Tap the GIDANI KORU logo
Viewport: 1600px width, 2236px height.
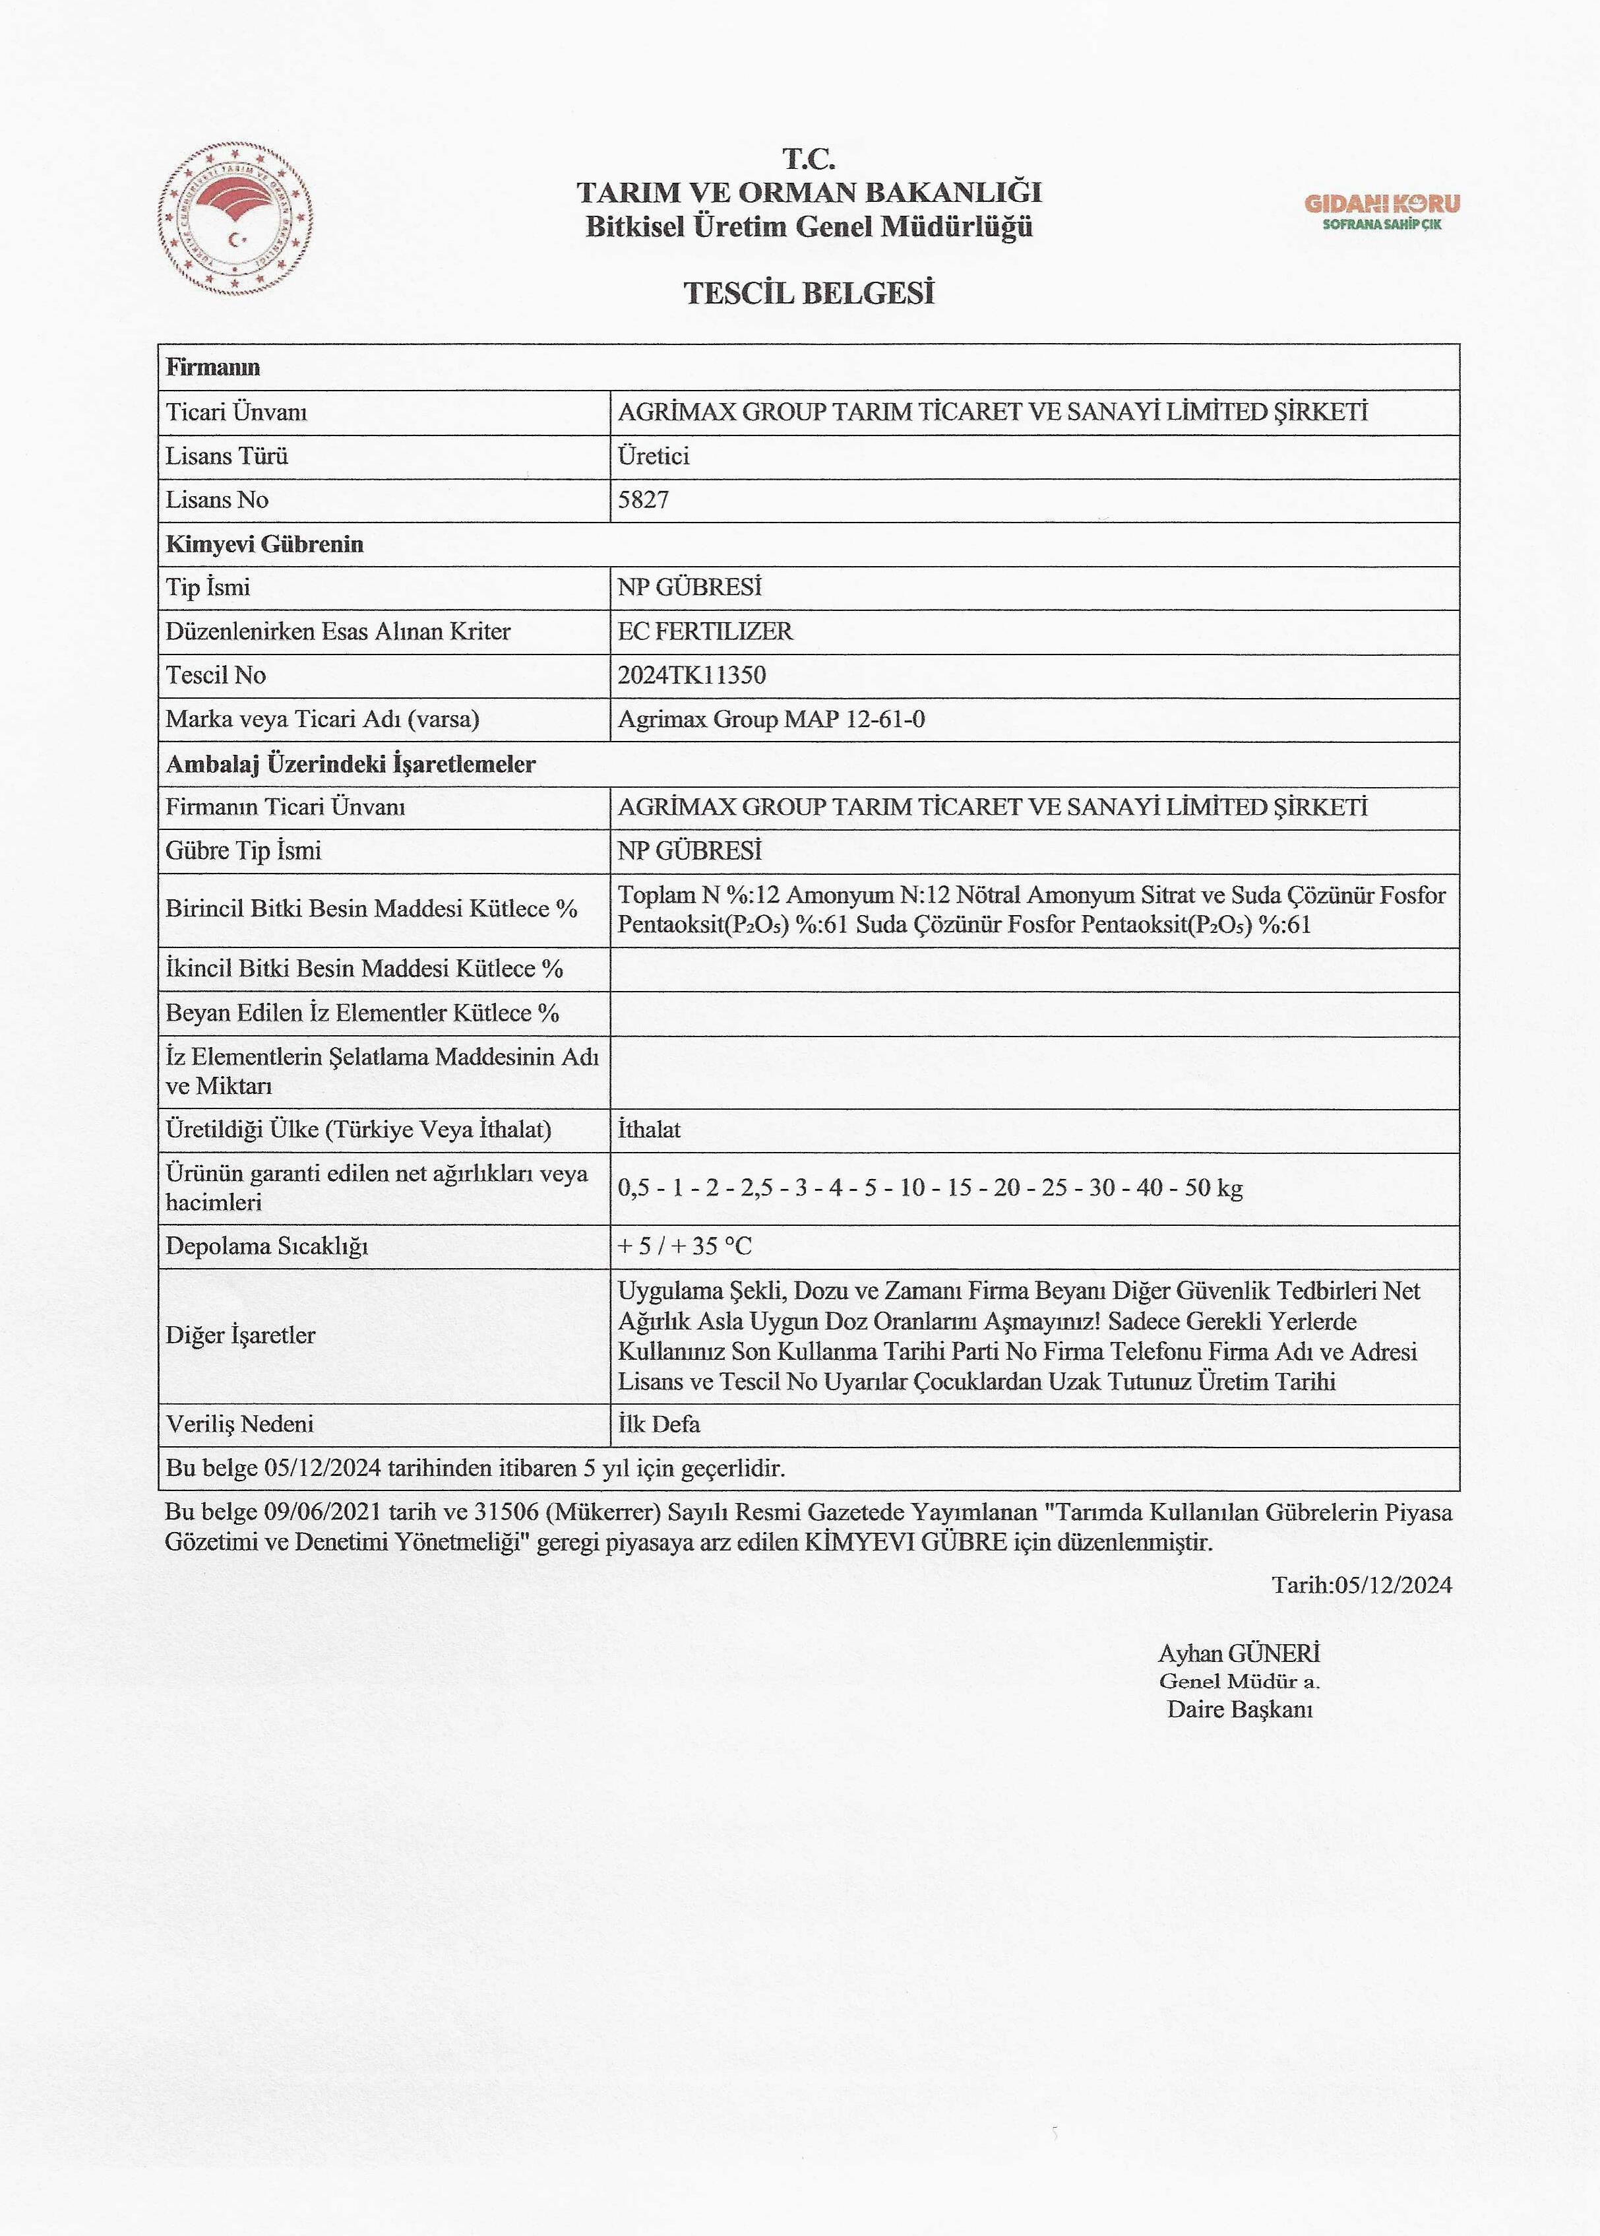tap(1382, 210)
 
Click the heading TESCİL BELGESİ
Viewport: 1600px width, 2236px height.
tap(808, 293)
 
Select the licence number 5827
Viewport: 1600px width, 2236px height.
tap(643, 499)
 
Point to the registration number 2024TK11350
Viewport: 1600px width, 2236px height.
tap(692, 675)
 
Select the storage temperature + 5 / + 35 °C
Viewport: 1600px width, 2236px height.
tap(684, 1246)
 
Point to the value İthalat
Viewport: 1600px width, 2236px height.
tap(648, 1130)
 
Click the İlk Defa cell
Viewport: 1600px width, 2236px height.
tap(658, 1424)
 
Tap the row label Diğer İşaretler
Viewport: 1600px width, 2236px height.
tap(239, 1335)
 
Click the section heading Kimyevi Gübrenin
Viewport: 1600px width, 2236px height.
tap(264, 544)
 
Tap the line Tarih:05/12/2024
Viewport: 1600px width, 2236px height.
tap(1361, 1585)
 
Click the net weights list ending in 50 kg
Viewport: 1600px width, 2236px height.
tap(929, 1188)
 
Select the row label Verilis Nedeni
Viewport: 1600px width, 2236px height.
tap(239, 1424)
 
